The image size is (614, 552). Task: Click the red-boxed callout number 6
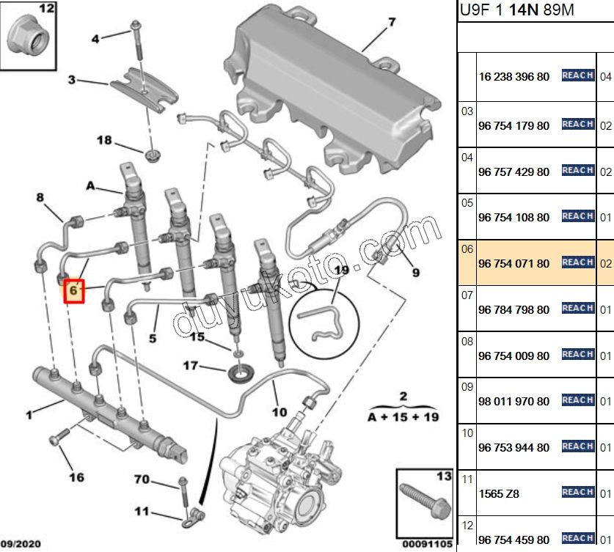pos(73,290)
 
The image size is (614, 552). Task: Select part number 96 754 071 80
pos(513,263)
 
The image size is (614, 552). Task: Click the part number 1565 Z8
pos(498,493)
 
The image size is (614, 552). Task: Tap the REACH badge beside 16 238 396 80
pos(577,76)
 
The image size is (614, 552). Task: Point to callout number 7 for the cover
pos(392,23)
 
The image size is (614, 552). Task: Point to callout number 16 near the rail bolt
pos(76,478)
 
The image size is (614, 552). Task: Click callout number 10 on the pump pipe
pos(279,412)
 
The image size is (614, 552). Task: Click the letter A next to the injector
pos(90,186)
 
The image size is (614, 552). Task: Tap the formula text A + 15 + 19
pos(403,418)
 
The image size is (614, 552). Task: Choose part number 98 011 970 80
pos(513,402)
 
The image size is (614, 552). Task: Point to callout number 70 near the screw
pos(142,480)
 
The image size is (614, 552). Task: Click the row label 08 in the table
pos(467,341)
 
